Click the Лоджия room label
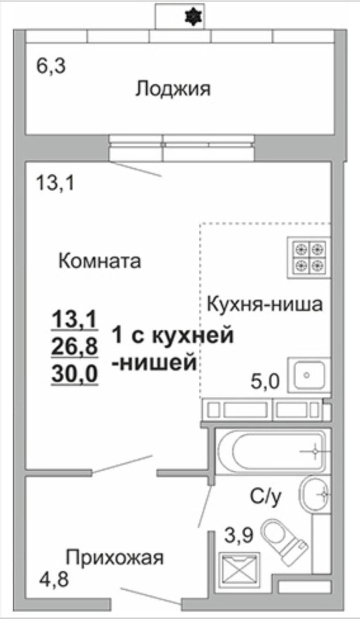tap(172, 89)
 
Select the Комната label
tap(99, 261)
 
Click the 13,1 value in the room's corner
tap(55, 182)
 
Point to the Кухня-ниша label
tap(265, 304)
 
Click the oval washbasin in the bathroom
tap(316, 493)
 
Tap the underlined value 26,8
tap(75, 347)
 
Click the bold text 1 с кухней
tap(172, 336)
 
